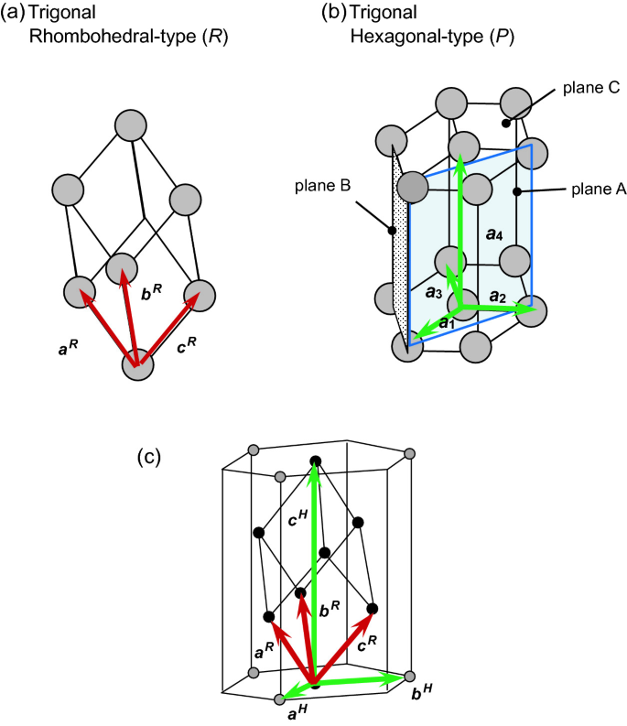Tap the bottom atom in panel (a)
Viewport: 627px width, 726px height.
click(x=139, y=364)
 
